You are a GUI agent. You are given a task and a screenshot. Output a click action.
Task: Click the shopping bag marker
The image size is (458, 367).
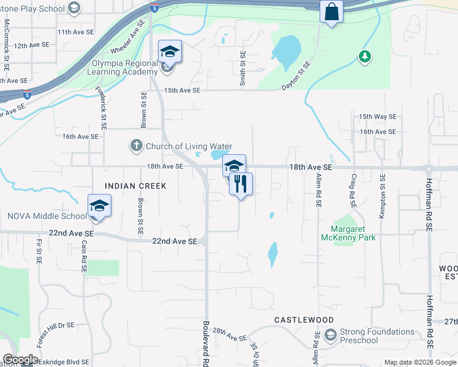(x=331, y=12)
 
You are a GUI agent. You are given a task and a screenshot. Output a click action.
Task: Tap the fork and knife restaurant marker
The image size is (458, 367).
(x=241, y=183)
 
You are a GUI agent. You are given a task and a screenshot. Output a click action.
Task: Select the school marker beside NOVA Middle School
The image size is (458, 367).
(x=99, y=206)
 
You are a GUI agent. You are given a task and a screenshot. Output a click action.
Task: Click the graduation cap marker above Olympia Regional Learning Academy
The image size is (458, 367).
(x=170, y=52)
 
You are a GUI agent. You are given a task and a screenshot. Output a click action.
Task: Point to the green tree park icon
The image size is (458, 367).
(x=365, y=56)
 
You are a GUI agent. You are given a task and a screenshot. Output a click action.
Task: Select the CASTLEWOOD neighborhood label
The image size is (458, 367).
(x=304, y=320)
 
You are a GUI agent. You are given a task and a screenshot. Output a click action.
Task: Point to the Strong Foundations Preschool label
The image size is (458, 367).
(x=378, y=336)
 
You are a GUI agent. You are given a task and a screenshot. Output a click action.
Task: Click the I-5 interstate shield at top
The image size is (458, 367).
(x=154, y=8)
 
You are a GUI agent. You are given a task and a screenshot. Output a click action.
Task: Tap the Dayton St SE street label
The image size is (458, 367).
(x=297, y=75)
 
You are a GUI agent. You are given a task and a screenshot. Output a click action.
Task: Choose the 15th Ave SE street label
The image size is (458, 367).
(x=182, y=90)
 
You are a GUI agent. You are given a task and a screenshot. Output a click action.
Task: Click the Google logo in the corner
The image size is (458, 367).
(x=20, y=360)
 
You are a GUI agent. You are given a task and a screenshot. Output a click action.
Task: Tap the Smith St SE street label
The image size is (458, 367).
(x=243, y=67)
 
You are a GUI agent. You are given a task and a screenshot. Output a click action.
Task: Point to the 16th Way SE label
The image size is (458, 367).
(x=377, y=116)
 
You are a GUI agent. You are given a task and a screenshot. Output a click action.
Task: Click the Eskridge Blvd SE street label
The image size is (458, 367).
(x=59, y=361)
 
